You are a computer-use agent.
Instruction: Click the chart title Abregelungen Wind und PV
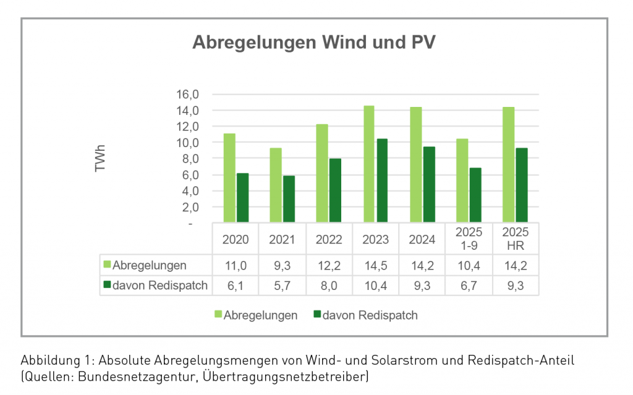[315, 42]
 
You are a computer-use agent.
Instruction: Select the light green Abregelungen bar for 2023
[368, 164]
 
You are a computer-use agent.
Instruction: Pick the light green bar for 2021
[276, 185]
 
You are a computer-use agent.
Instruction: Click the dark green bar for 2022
[335, 190]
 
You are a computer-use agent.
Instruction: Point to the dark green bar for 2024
[428, 184]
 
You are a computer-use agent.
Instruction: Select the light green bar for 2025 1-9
[462, 181]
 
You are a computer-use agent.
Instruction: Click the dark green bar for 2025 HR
[522, 185]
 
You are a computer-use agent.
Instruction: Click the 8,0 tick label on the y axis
[189, 159]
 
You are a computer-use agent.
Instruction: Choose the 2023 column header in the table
[376, 239]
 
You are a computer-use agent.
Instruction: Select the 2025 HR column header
[516, 239]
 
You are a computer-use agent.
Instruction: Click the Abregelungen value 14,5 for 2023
[376, 266]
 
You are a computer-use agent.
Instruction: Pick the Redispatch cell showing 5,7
[283, 286]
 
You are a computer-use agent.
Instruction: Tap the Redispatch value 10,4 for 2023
[376, 286]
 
